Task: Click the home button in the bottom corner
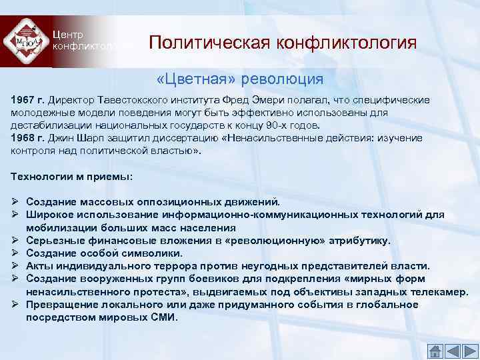pos(434,350)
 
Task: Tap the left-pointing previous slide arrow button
pos(452,350)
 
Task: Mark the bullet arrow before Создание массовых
pos(15,201)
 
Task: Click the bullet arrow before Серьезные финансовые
pos(15,241)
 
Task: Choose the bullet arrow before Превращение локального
pos(15,305)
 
